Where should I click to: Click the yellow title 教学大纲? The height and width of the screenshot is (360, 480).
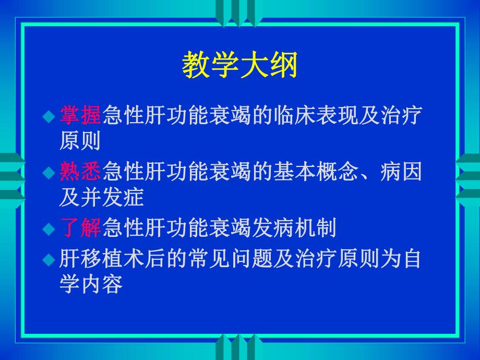point(239,66)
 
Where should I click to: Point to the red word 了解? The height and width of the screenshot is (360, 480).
point(80,228)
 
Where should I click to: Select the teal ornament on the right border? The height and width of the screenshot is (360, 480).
point(468,177)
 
